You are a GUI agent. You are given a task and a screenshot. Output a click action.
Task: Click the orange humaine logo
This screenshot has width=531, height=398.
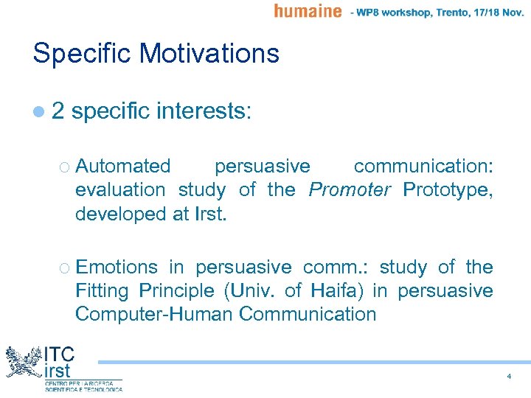(308, 10)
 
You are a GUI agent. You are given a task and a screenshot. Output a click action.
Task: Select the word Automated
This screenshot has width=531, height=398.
(122, 166)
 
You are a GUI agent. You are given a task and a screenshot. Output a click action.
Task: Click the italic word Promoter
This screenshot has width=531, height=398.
(350, 189)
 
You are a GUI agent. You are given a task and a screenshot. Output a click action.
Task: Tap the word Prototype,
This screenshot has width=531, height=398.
(448, 189)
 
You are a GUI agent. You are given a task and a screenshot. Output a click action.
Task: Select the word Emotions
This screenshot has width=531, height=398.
(117, 267)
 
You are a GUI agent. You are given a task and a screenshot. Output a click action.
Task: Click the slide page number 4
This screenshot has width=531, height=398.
(509, 377)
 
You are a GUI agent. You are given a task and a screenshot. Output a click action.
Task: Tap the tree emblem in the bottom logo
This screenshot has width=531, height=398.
(24, 363)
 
